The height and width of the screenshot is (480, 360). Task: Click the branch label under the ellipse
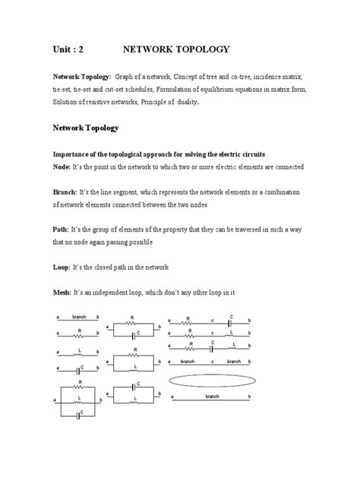click(x=212, y=396)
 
